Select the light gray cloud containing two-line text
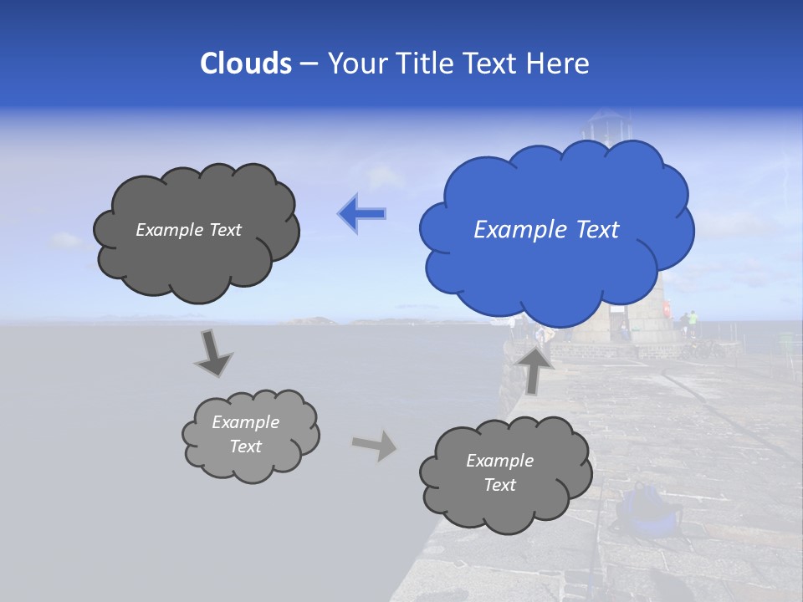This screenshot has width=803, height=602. (249, 435)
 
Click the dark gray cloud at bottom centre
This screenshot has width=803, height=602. (504, 473)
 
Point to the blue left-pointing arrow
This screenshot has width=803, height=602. (362, 214)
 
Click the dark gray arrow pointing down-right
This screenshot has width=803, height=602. (212, 354)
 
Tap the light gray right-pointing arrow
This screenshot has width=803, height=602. (374, 445)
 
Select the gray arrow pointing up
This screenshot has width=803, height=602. (534, 369)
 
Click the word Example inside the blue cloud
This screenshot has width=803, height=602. (512, 230)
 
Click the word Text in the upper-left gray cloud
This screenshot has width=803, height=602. (223, 230)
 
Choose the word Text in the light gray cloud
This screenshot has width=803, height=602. (246, 446)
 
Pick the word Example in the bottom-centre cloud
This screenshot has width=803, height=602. (499, 461)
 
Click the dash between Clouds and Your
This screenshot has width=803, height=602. (309, 64)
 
